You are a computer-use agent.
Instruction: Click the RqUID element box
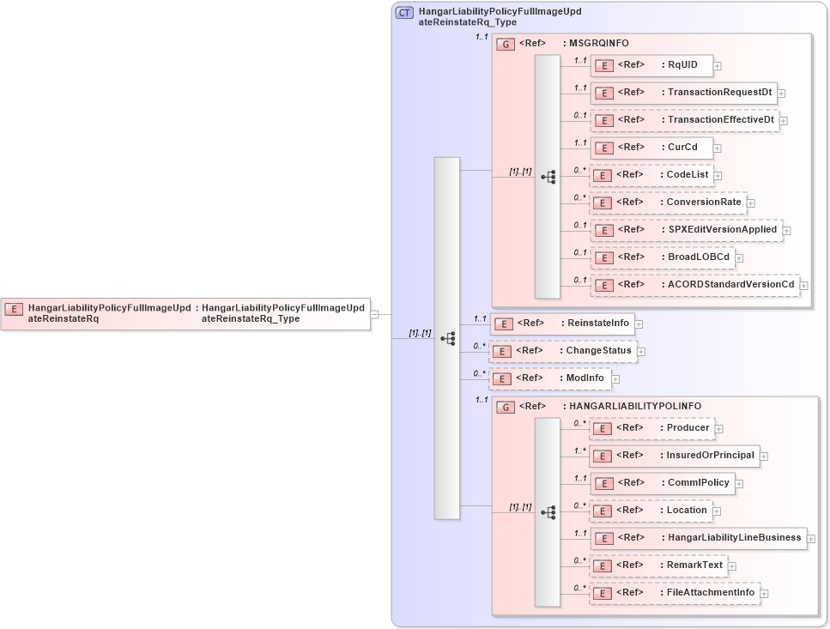(651, 64)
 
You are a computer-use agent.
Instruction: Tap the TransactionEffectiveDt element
(684, 120)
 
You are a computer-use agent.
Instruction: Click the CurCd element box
(651, 147)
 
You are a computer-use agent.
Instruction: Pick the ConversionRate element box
(667, 203)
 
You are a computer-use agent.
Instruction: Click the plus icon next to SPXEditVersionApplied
(787, 231)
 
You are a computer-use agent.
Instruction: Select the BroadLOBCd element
(662, 257)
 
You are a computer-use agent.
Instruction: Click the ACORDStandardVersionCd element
(694, 285)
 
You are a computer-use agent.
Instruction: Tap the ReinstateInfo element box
(561, 324)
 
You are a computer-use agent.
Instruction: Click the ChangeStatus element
(562, 351)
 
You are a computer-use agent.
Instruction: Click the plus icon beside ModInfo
(615, 379)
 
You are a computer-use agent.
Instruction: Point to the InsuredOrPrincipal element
(674, 456)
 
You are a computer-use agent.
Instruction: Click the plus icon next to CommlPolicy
(739, 484)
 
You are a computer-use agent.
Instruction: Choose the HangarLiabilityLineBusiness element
(698, 538)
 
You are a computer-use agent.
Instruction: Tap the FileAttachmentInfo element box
(674, 593)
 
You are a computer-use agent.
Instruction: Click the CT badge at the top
(404, 13)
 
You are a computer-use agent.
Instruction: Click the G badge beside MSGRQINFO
(506, 44)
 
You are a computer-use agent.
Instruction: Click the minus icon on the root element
(375, 314)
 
